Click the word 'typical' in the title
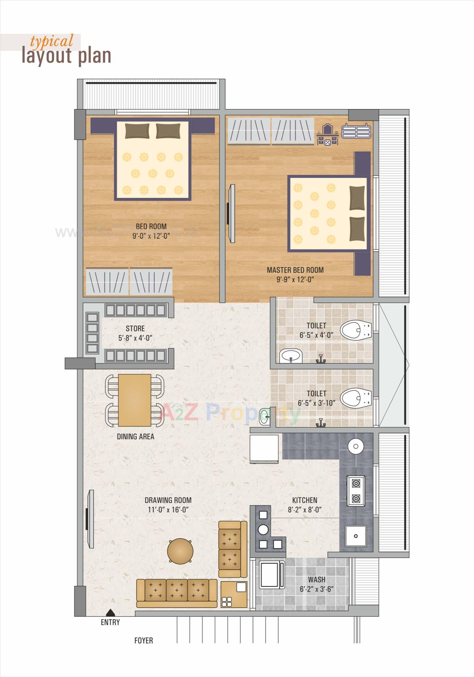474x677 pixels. [52, 41]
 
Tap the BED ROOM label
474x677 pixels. [151, 226]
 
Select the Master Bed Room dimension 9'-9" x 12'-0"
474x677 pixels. [295, 279]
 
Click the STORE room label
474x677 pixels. [135, 328]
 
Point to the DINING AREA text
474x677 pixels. [135, 437]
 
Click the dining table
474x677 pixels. [134, 400]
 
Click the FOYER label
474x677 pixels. [144, 649]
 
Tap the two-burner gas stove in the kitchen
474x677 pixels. [356, 491]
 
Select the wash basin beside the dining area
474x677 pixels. [265, 417]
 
